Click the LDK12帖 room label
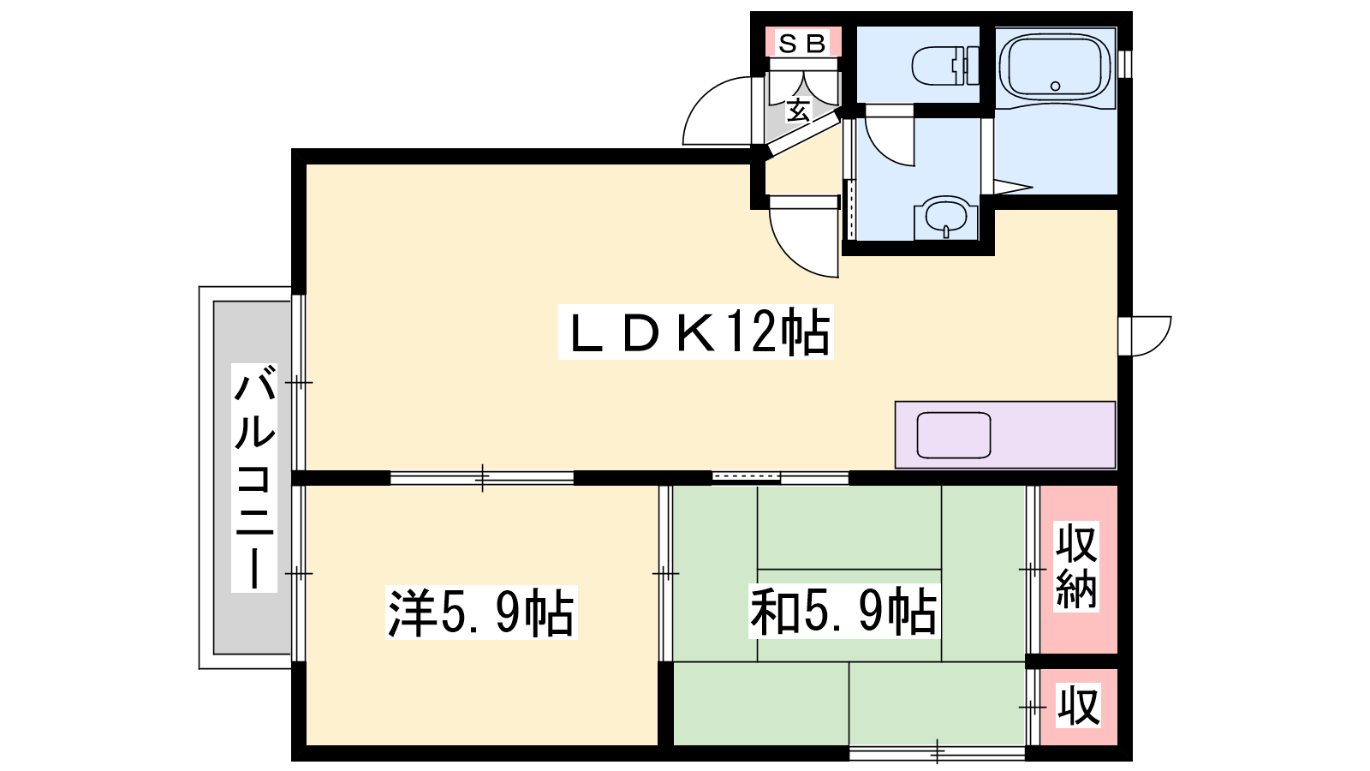click(696, 332)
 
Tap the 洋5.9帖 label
click(481, 613)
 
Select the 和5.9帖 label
click(843, 612)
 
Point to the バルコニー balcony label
click(253, 478)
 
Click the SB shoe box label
click(803, 44)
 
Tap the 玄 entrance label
click(798, 111)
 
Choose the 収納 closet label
click(1076, 566)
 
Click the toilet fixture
click(945, 65)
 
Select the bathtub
click(1056, 68)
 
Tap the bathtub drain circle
click(1055, 87)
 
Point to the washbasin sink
click(946, 217)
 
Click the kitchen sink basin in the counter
click(954, 435)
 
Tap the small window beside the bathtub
click(1125, 64)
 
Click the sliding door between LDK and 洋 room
click(482, 478)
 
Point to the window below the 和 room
click(937, 752)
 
